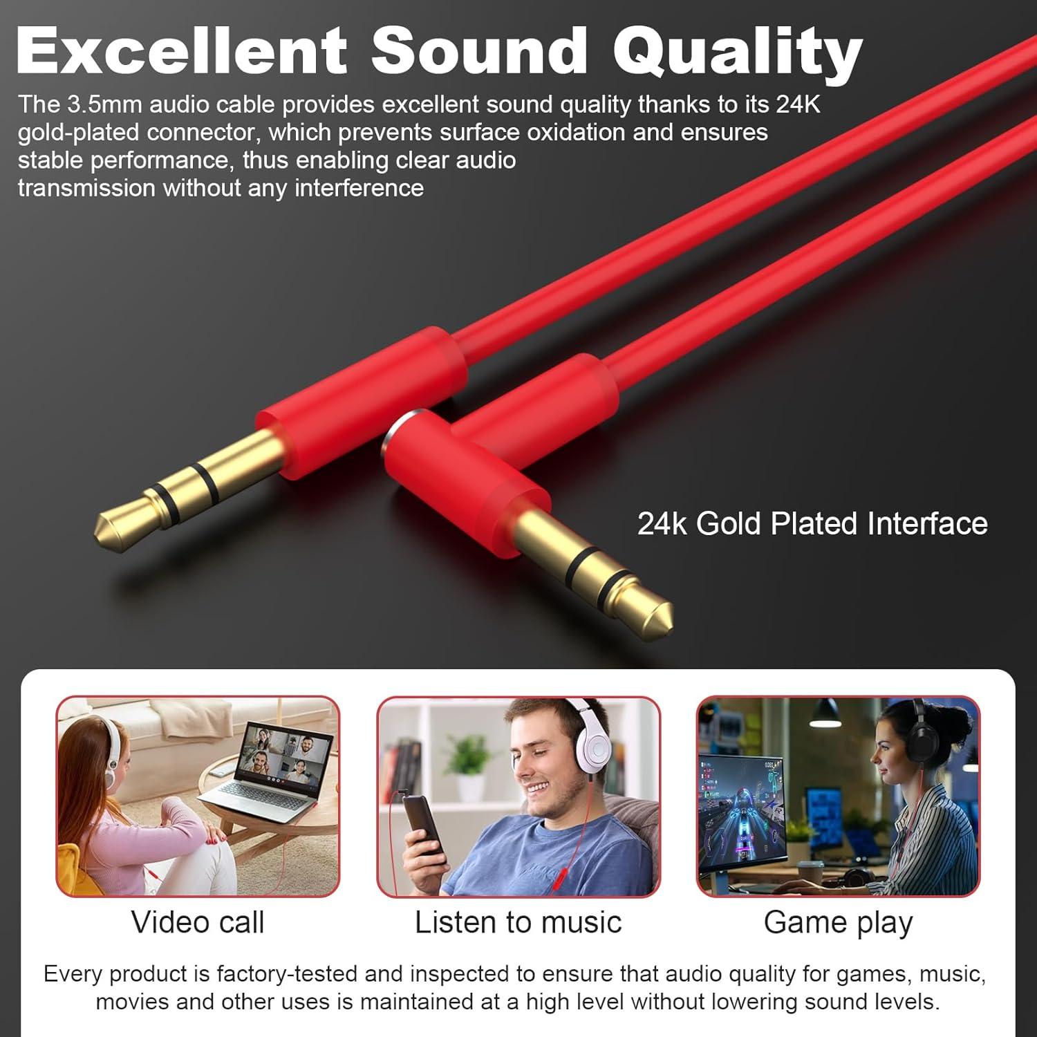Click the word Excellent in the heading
181,50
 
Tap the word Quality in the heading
738,53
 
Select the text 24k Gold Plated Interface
812,523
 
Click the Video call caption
198,922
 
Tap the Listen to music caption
518,922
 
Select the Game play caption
838,922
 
